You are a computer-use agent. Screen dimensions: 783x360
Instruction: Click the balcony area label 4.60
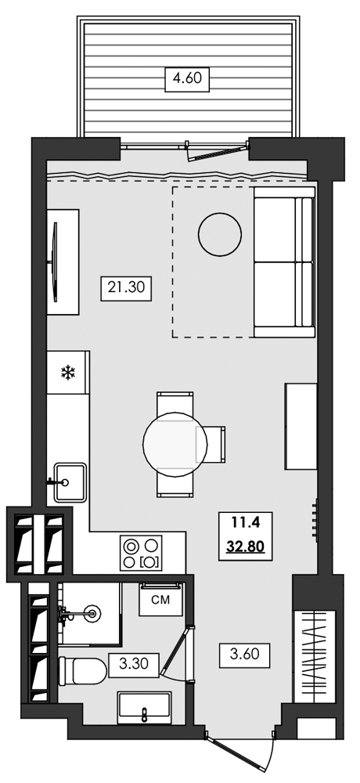(x=188, y=79)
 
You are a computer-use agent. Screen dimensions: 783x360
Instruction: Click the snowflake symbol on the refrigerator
(x=67, y=373)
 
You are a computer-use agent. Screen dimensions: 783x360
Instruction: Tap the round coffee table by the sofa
(x=220, y=234)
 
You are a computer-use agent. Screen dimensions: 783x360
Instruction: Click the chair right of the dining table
(x=217, y=445)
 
